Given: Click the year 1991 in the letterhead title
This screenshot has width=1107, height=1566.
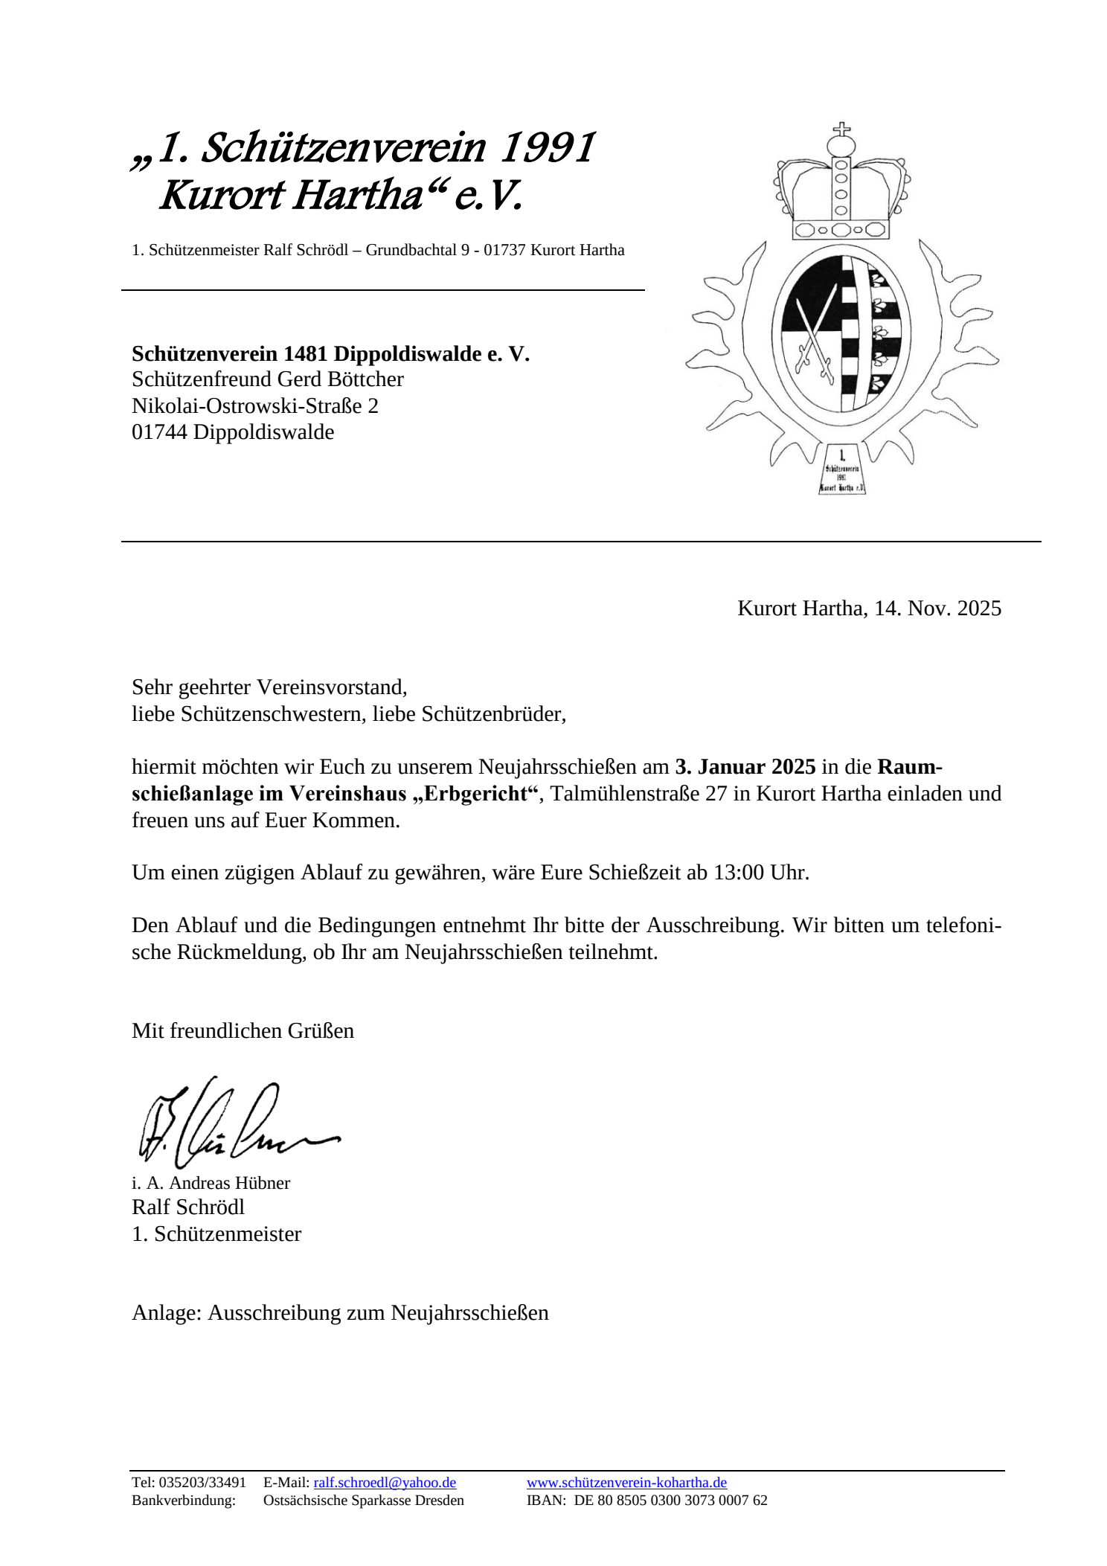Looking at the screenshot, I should [x=546, y=147].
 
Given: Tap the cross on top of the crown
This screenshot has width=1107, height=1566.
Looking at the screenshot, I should [x=841, y=130].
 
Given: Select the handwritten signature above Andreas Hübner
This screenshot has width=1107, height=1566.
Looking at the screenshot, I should [x=231, y=1124].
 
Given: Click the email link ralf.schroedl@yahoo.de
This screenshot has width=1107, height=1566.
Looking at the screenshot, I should [x=385, y=1482].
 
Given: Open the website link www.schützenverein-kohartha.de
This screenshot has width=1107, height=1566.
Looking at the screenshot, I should [x=626, y=1482].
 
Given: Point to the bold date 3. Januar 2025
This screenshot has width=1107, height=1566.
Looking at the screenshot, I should [x=745, y=766].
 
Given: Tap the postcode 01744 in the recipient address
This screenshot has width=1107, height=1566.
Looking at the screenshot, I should [x=159, y=432].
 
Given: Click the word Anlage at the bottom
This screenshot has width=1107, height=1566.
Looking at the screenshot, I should [x=166, y=1312].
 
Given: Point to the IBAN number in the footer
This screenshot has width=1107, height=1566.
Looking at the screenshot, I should [x=670, y=1500].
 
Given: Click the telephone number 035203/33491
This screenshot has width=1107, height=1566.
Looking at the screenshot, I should [x=202, y=1482].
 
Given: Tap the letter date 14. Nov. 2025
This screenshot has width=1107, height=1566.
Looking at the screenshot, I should [x=937, y=609].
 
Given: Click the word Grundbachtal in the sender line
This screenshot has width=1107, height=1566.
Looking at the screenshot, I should [x=411, y=250].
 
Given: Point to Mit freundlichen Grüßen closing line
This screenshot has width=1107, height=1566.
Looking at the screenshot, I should [x=243, y=1030].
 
